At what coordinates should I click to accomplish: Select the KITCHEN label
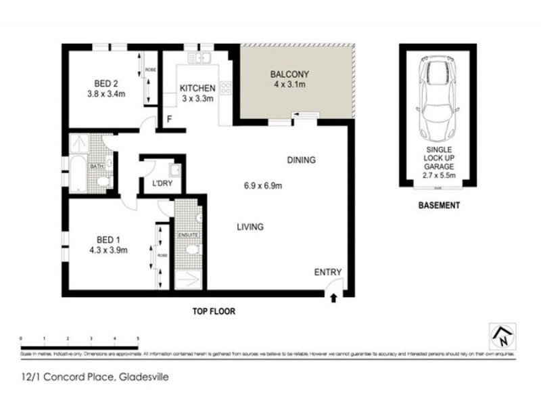(197, 88)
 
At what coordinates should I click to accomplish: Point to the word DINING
(301, 160)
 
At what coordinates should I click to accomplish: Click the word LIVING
(250, 227)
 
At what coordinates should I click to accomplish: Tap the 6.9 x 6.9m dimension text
(262, 186)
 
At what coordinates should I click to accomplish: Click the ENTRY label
(328, 273)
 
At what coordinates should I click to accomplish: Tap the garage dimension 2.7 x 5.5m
(438, 175)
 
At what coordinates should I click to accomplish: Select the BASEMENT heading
(439, 205)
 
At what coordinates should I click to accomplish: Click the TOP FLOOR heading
(212, 312)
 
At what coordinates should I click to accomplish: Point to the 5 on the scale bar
(138, 337)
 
